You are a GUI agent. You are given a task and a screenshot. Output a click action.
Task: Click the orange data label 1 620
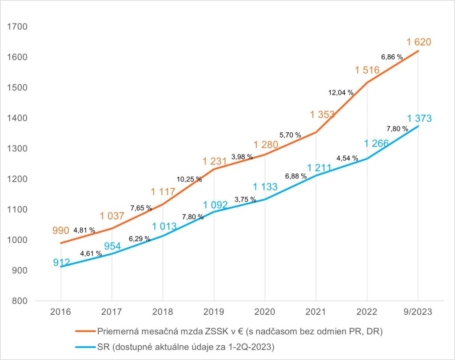tap(418, 43)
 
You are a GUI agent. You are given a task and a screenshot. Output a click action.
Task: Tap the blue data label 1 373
tap(418, 119)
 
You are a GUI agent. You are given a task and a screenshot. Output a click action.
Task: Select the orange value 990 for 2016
tap(61, 230)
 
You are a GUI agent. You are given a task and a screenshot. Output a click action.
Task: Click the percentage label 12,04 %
tap(341, 93)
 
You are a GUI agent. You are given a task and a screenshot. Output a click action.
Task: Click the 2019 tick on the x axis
tap(214, 313)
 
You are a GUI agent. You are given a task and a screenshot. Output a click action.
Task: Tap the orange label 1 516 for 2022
tap(367, 70)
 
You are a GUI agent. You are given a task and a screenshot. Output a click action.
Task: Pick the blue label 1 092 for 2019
tap(216, 206)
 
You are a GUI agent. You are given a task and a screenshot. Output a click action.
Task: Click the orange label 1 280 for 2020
tap(266, 145)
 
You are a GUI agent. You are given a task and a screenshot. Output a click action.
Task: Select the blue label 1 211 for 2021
tap(319, 169)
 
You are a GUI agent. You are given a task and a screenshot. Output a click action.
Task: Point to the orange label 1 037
tap(112, 216)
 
